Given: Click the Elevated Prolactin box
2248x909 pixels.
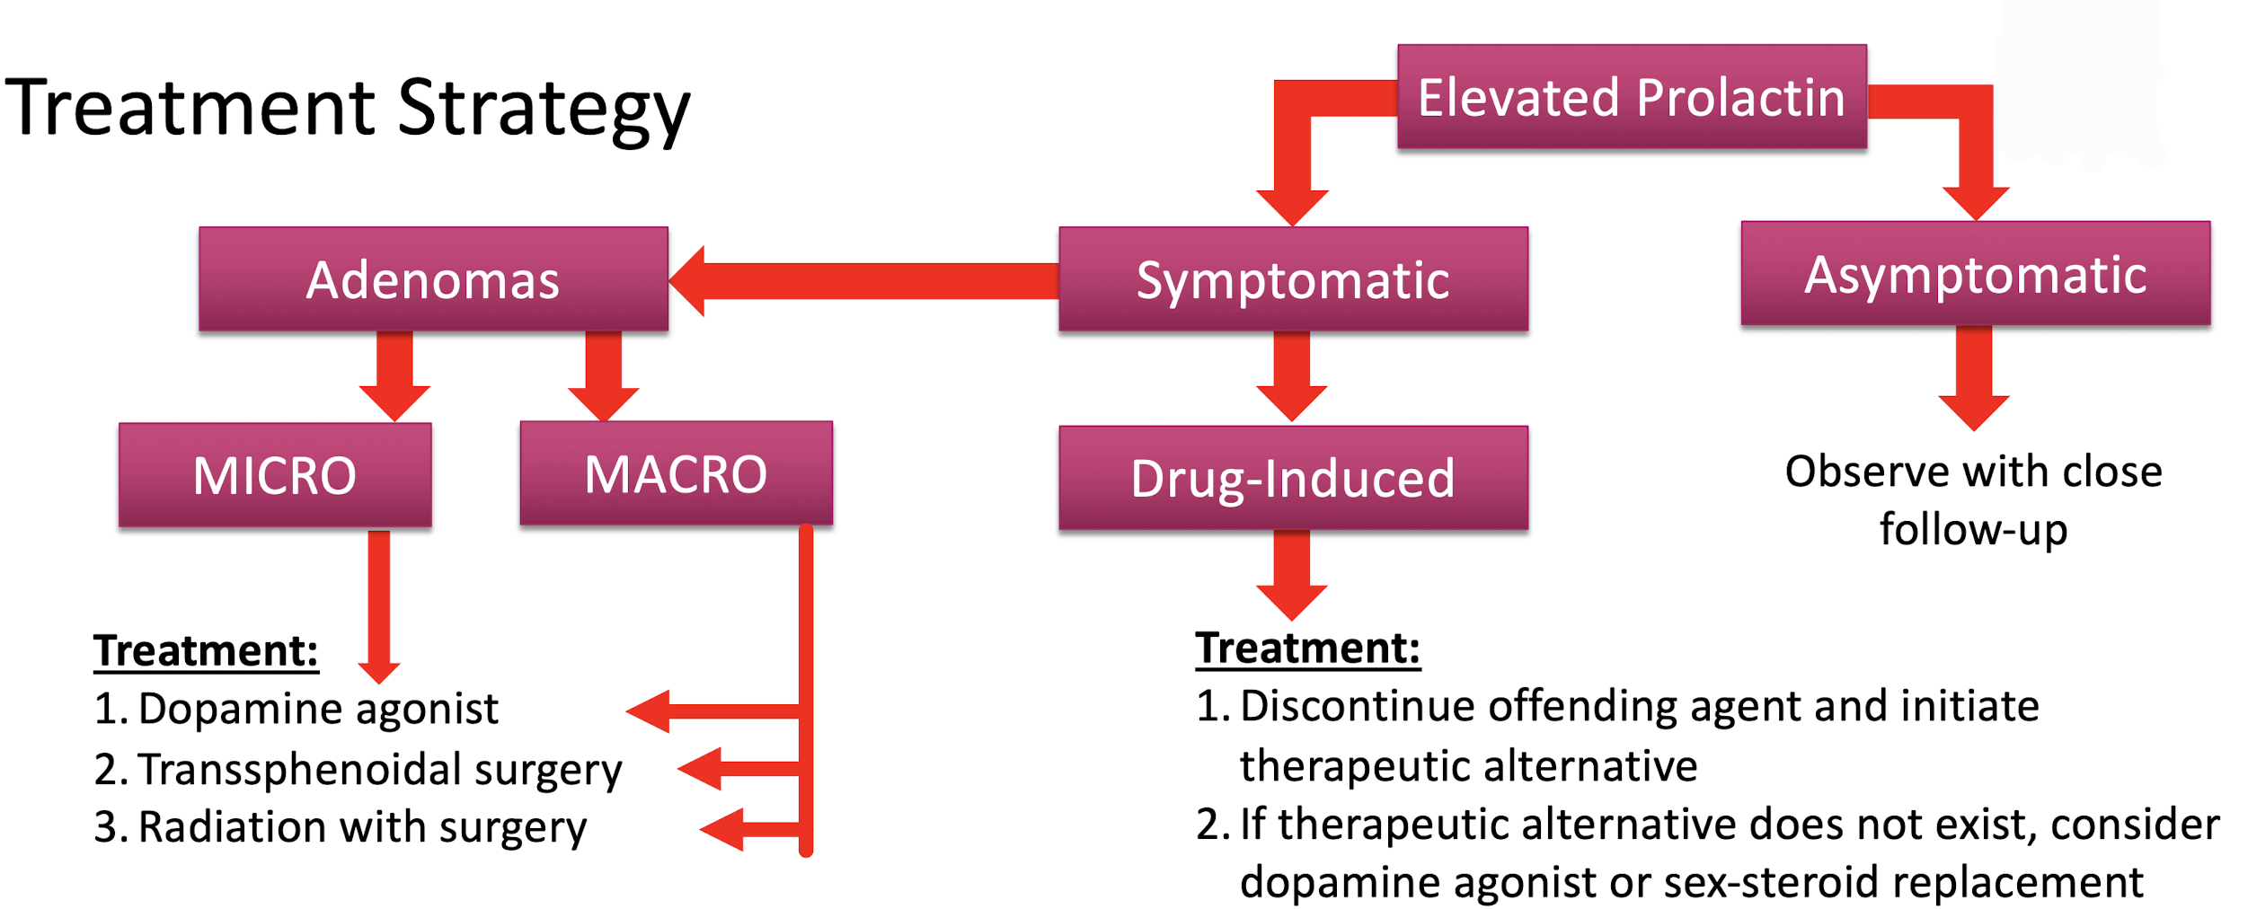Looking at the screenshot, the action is tap(1632, 96).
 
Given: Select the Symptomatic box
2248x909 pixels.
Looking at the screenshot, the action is tap(1293, 279).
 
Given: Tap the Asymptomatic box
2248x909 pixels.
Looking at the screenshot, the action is tap(1976, 273).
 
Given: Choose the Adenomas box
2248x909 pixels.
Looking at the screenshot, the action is tap(433, 279).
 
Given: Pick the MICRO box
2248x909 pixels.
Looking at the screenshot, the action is tap(275, 475).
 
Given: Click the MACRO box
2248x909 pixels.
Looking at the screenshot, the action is tap(676, 473).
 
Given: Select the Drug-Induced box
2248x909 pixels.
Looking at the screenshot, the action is tap(1293, 478).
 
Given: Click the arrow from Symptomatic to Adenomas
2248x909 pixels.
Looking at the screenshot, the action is tap(864, 281).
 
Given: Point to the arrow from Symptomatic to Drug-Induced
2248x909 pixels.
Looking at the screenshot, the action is tap(1292, 375).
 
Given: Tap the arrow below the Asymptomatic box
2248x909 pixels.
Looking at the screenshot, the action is tap(1974, 377).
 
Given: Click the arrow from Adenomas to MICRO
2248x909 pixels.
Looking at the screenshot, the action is tap(394, 375).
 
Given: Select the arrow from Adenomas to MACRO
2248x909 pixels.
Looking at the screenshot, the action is tap(603, 375).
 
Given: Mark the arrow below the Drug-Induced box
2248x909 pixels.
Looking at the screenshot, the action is tap(1292, 575).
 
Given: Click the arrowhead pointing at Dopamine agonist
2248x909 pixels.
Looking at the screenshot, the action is tap(648, 711).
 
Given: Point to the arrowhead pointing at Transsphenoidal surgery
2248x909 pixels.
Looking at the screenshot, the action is tap(699, 769).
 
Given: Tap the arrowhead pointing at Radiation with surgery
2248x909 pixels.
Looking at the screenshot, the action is tap(721, 829).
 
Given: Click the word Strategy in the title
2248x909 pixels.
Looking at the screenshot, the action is tap(544, 110).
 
